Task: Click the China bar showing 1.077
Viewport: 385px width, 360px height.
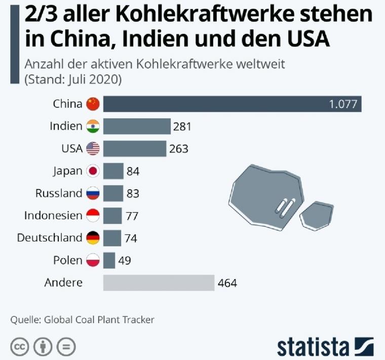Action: pos(232,104)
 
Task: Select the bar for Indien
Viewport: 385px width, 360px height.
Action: pos(137,126)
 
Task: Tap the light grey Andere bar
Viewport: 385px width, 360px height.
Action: pos(159,283)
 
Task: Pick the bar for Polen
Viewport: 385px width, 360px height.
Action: pos(109,260)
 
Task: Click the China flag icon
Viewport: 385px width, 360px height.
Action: pos(93,104)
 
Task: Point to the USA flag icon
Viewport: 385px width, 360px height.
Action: pos(93,149)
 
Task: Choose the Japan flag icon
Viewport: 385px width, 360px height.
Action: pos(93,171)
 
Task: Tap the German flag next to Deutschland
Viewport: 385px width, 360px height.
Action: pos(93,237)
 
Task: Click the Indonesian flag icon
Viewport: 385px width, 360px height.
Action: pos(93,216)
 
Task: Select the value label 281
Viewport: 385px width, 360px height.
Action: pos(182,127)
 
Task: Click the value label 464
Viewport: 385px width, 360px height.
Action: pos(227,283)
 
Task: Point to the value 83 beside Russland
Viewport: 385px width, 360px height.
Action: pos(133,193)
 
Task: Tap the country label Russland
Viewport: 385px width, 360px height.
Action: pos(59,193)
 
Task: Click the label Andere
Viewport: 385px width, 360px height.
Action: pos(63,283)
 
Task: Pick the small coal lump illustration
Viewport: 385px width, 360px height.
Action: pos(316,215)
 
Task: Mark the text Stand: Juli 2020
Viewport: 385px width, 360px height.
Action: pos(73,80)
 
